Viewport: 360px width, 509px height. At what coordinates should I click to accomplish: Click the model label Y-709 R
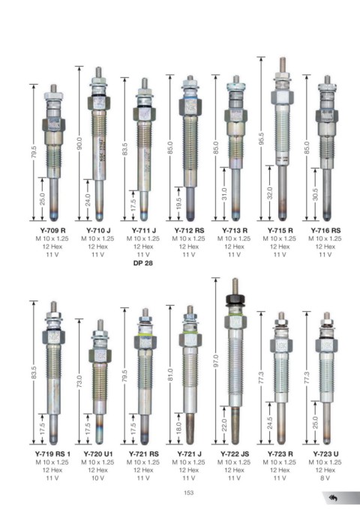point(52,230)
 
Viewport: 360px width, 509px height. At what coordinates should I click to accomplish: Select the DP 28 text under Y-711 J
point(143,263)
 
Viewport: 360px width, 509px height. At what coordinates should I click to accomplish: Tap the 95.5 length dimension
point(262,139)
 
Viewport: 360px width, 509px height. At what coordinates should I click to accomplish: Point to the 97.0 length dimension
point(217,361)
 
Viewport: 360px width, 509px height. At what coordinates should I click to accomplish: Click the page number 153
point(188,493)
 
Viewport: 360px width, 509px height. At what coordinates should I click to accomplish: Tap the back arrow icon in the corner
point(333,498)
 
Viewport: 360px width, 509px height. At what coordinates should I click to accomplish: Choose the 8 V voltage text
point(325,478)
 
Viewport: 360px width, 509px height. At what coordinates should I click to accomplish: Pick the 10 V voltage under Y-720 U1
point(97,478)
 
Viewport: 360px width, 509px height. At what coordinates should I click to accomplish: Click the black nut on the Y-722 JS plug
point(235,300)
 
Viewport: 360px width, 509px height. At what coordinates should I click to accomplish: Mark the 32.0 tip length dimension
point(270,193)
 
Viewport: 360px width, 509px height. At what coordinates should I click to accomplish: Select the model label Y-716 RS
point(325,230)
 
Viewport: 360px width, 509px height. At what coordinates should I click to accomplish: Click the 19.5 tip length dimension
point(178,204)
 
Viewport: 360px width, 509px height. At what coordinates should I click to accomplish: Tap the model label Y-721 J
point(189,454)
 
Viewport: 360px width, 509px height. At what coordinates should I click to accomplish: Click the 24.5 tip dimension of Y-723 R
point(270,424)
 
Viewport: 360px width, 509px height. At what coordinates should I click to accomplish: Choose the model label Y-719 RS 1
point(52,454)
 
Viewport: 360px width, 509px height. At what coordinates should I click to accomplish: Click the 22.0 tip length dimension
point(224,425)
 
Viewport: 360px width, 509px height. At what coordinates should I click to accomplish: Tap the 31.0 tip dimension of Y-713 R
point(224,194)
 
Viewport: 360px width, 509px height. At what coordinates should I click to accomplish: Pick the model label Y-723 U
point(325,454)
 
